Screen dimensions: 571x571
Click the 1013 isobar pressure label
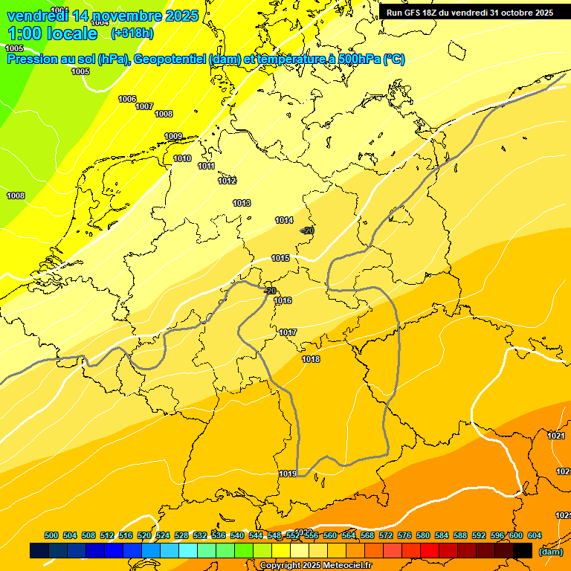pos(242,203)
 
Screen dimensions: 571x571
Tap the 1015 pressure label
pos(280,258)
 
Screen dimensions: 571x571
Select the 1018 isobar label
pos(311,360)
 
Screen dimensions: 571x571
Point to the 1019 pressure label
pos(288,474)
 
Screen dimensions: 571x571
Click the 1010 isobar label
pos(182,158)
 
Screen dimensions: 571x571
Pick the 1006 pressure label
pos(127,99)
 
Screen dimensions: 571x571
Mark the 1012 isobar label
pos(228,181)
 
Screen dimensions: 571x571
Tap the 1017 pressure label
pos(288,332)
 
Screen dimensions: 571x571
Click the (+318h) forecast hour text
pos(132,33)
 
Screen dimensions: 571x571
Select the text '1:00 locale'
pos(53,33)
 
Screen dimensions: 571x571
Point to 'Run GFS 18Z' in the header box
pos(412,13)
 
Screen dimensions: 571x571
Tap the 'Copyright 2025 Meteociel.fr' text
pos(316,566)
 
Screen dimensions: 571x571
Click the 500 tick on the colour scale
pos(51,535)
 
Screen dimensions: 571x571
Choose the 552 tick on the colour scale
pos(293,535)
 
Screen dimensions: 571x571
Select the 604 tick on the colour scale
pos(535,535)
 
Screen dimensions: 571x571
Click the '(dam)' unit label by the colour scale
pos(550,552)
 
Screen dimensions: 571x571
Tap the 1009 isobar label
pos(173,136)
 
